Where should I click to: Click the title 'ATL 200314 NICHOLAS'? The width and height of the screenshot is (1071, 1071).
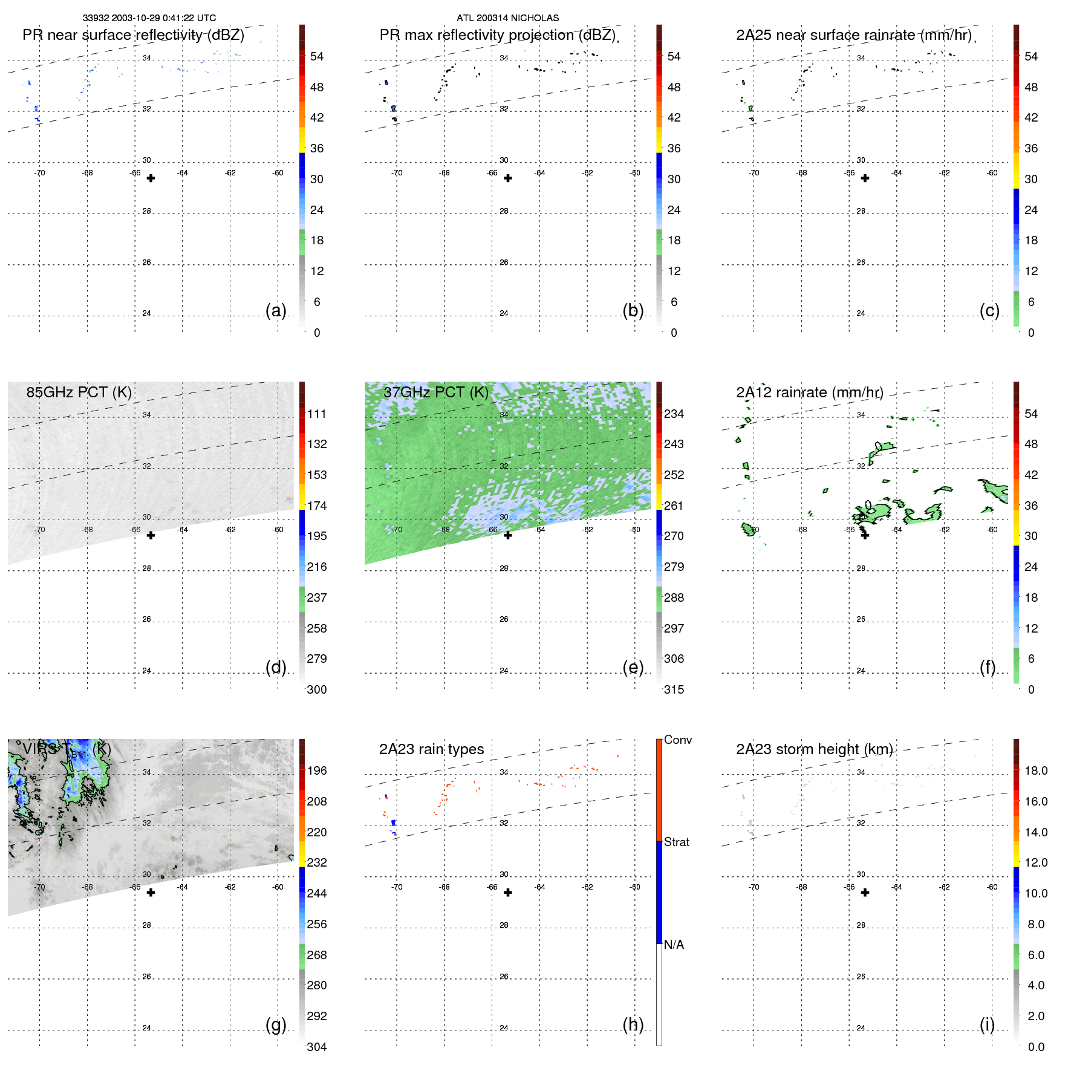(507, 18)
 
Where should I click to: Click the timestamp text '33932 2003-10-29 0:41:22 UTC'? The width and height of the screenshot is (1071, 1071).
(149, 18)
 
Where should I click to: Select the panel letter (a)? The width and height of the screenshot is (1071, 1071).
(276, 310)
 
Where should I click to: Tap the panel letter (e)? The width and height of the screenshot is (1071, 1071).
(633, 667)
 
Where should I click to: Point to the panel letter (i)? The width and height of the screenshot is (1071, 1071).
(987, 1024)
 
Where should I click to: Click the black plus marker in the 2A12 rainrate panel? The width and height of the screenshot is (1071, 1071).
(865, 535)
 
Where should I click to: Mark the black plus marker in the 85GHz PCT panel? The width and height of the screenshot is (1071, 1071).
(151, 535)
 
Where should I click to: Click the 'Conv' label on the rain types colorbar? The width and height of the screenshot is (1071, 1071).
(678, 740)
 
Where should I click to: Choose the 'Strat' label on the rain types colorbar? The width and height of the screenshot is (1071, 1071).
(677, 842)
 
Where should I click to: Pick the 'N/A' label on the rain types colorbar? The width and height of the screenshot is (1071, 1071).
(674, 945)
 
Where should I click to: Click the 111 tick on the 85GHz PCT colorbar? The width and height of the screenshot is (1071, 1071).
(317, 414)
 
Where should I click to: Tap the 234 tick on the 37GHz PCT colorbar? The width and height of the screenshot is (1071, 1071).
(674, 414)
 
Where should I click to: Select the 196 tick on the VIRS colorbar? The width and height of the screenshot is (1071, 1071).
(317, 770)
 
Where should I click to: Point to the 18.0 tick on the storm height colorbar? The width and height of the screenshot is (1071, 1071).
(1036, 770)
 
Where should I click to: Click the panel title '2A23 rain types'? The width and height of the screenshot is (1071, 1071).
(431, 749)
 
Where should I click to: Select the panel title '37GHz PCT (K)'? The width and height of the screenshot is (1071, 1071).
(435, 392)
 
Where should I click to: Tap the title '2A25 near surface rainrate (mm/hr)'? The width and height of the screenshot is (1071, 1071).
(854, 35)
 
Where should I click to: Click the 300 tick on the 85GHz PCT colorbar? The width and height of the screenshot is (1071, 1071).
(317, 689)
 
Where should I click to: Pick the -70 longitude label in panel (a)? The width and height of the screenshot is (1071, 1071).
(39, 173)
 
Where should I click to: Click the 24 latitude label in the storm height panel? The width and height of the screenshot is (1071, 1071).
(861, 1027)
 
